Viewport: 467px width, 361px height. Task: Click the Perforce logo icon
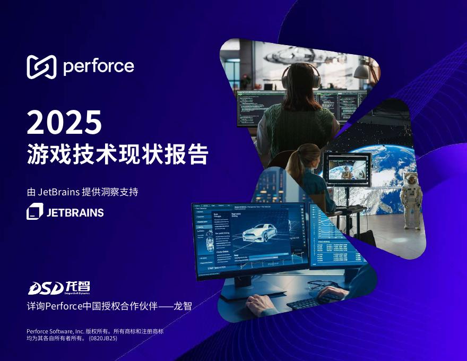[x=41, y=66]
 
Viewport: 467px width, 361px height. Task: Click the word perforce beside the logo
[x=98, y=67]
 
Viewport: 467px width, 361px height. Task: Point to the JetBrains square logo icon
[x=34, y=211]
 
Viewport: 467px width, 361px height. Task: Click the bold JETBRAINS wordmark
[x=75, y=213]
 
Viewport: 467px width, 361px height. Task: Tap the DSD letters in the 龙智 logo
[x=45, y=288]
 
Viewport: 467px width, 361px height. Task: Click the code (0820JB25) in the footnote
[x=102, y=338]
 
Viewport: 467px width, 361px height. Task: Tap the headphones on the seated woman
[x=302, y=74]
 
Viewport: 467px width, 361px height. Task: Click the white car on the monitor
[x=263, y=234]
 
